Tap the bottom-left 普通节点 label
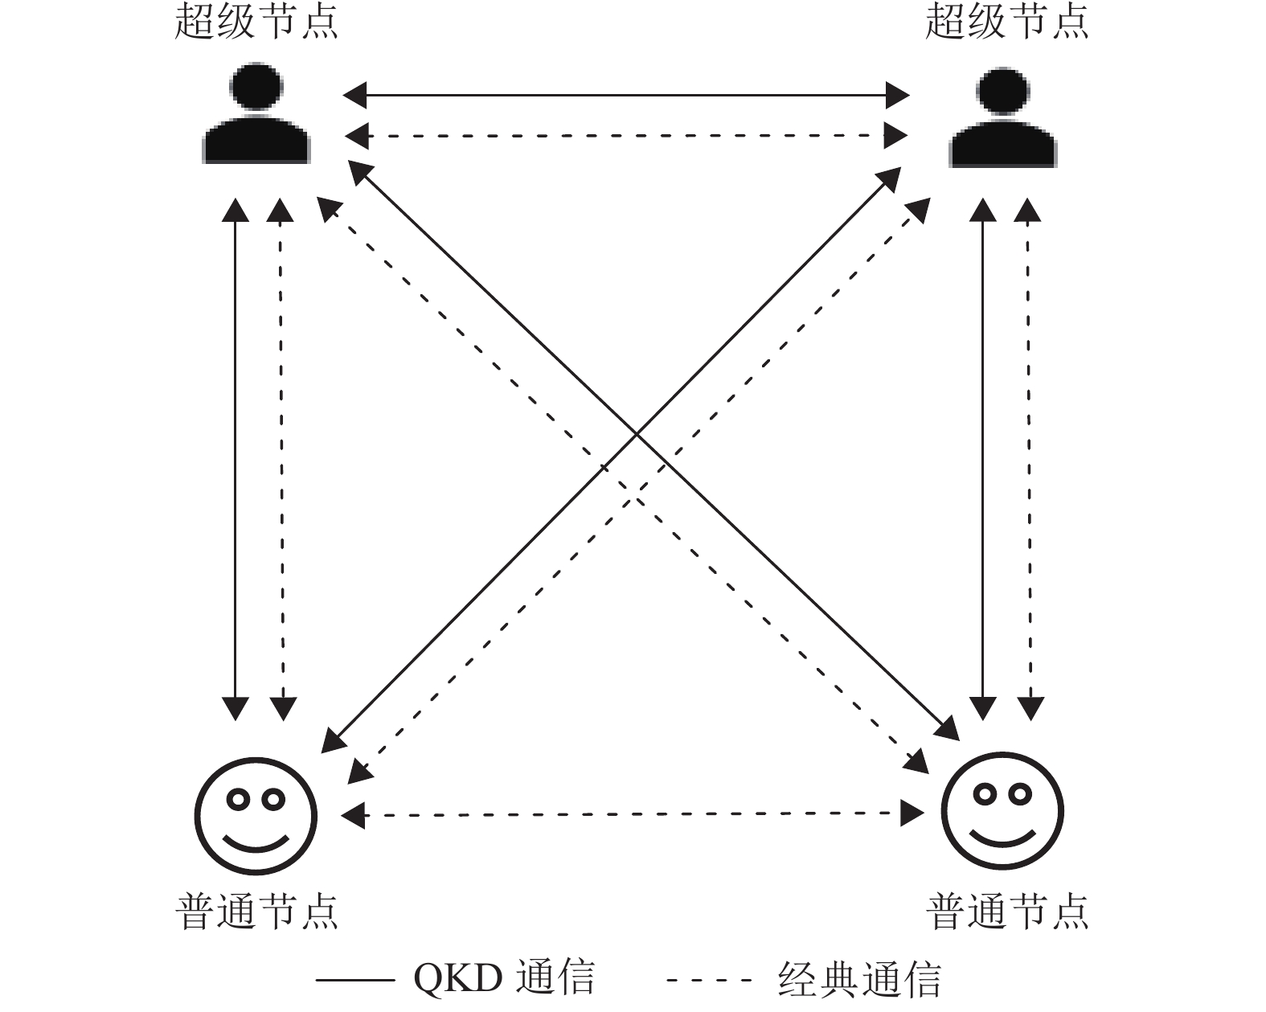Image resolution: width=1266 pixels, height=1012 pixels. click(x=256, y=911)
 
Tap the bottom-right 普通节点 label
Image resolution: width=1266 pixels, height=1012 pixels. click(x=1006, y=911)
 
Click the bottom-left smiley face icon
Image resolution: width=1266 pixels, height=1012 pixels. click(x=256, y=815)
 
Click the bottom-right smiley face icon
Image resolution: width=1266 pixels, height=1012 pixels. click(x=1002, y=811)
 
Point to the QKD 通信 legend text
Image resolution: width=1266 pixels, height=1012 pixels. click(x=504, y=978)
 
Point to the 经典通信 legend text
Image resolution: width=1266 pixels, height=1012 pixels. click(x=859, y=979)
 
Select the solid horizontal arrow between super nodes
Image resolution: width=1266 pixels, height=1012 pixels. click(x=626, y=96)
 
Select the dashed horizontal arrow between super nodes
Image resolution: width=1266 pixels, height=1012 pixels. click(x=626, y=136)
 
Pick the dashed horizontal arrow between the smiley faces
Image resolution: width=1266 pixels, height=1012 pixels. click(x=633, y=814)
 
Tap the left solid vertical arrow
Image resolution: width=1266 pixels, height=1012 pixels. click(x=236, y=458)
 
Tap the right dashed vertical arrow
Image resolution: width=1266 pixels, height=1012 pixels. click(x=1029, y=458)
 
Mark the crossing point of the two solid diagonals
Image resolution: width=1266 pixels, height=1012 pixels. click(x=637, y=435)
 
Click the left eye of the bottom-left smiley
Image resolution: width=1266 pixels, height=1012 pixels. click(x=238, y=799)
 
